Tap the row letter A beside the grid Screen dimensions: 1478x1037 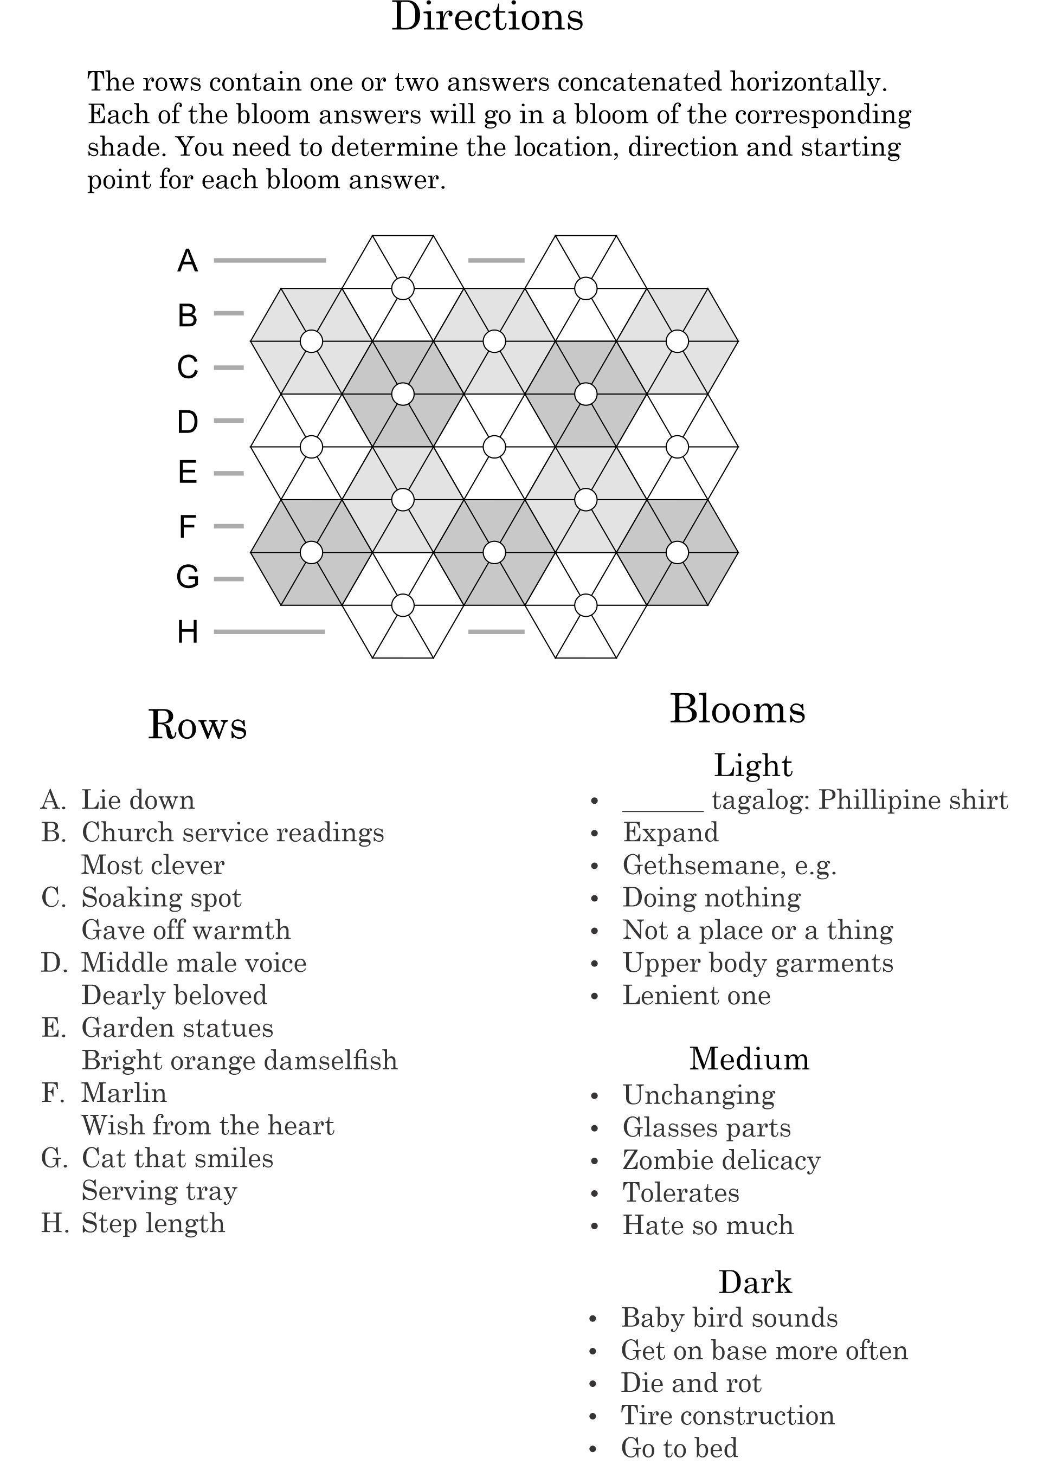[x=188, y=261]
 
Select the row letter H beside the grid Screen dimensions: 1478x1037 [x=188, y=632]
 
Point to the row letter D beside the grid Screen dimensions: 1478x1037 [x=188, y=422]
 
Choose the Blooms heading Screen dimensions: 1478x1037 [x=737, y=709]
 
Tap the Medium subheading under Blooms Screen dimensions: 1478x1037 [x=749, y=1059]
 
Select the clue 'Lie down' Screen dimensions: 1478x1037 [x=138, y=800]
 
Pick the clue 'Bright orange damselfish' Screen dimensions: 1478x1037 [x=240, y=1060]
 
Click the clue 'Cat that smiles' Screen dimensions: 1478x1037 [x=178, y=1158]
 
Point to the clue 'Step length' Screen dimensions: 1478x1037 [x=153, y=1223]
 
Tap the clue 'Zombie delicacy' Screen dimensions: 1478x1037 [x=721, y=1160]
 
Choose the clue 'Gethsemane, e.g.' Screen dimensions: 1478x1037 [x=729, y=866]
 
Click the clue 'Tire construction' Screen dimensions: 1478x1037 [x=727, y=1416]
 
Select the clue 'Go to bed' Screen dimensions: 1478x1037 [x=679, y=1448]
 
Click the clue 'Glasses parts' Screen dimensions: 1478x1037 [x=706, y=1128]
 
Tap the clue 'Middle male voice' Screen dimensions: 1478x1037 [x=194, y=963]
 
